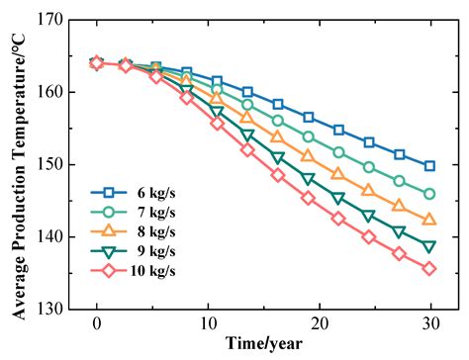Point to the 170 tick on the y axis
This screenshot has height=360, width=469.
point(49,20)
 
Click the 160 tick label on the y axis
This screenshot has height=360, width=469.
point(49,92)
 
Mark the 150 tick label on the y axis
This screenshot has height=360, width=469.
point(49,164)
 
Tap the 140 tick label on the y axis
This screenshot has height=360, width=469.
point(49,237)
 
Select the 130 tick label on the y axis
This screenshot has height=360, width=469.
point(49,310)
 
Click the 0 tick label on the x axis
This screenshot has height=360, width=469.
point(97,324)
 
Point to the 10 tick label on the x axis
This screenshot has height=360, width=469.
point(208,324)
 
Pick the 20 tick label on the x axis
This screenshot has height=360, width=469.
point(319,324)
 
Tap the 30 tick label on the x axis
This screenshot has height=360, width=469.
point(429,324)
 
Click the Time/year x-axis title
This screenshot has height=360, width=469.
point(263,344)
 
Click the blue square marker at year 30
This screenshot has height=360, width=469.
point(429,166)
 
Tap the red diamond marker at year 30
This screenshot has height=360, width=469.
point(429,268)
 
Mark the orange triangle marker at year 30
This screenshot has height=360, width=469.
point(429,220)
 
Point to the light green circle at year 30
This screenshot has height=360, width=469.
point(429,194)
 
